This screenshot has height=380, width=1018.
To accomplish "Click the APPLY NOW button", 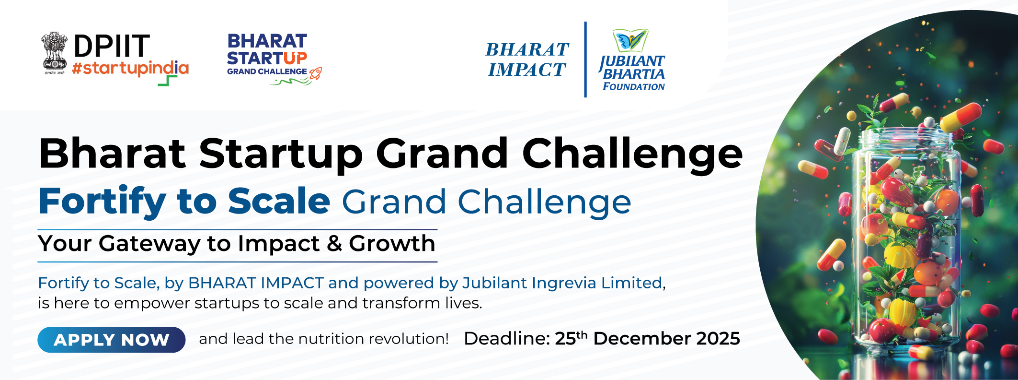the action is pos(111,340).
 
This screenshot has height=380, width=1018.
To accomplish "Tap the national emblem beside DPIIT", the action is pos(55,53).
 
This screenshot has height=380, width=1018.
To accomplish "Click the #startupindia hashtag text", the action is pos(130,69).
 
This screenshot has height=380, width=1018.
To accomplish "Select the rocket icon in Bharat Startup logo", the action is pos(316,73).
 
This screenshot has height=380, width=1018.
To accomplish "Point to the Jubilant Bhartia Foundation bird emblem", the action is pos(630,41).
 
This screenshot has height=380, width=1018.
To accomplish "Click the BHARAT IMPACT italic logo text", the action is pos(527,59).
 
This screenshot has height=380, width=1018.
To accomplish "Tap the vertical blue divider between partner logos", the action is pos(585,59).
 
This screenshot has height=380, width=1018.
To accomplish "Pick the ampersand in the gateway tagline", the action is pos(334,244).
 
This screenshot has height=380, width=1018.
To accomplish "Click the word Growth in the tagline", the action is pos(392,243).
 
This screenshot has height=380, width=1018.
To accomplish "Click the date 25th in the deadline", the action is pos(571,338).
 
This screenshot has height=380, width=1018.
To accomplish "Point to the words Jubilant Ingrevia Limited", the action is pos(562,283).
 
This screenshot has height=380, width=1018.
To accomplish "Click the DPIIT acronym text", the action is pos(112,46).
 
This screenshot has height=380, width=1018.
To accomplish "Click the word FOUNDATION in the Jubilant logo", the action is pos(633,87).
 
